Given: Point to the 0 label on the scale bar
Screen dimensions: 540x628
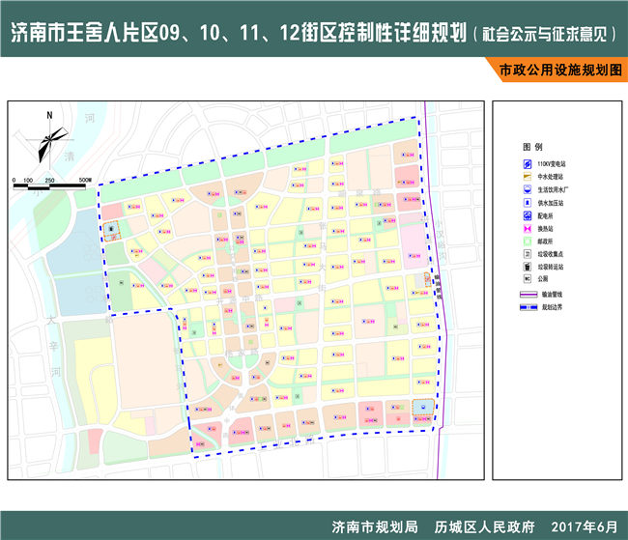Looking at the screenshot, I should (x=14, y=181).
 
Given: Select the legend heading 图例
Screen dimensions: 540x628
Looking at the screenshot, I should (x=532, y=145).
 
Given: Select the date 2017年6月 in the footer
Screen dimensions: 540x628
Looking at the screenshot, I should (x=583, y=527).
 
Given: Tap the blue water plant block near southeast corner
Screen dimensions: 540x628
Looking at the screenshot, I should (x=422, y=407).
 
